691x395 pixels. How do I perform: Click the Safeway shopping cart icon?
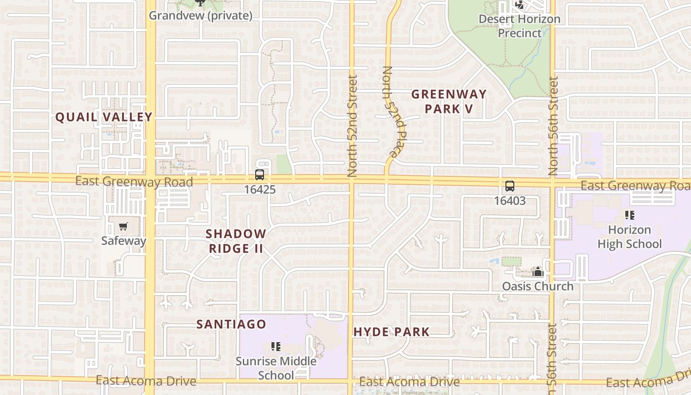coord(123,227)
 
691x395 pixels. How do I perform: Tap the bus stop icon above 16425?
coord(259,174)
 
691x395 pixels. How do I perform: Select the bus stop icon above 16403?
coord(510,186)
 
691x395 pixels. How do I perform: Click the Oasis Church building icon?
coord(538,272)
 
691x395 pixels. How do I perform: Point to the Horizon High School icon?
coord(629,215)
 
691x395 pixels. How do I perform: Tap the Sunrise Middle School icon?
coord(276,347)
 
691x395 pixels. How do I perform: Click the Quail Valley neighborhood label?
coord(104,117)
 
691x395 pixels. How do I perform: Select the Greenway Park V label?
coord(449,101)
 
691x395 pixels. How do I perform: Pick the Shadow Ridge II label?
coord(236,241)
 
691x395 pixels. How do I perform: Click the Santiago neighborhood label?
coord(231,324)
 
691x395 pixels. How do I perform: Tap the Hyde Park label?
coord(391,332)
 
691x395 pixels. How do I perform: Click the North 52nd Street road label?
coord(352,126)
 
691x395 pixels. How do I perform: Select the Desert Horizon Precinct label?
coord(520,26)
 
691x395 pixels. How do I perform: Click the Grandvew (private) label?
coord(200,15)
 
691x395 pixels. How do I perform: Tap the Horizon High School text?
coord(629,237)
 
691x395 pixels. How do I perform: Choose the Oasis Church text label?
coord(537,286)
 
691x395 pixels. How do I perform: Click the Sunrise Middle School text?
coord(276,368)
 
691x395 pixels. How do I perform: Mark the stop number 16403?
coord(510,201)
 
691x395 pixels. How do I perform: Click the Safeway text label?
coord(123,241)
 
